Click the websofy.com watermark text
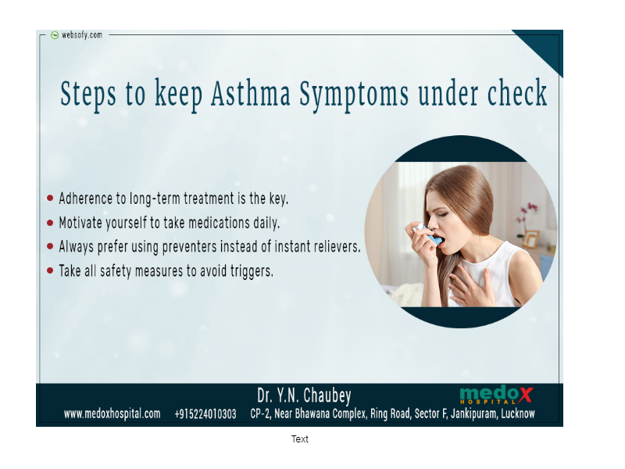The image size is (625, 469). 82,35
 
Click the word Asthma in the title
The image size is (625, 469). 251,94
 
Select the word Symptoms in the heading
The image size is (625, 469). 354,95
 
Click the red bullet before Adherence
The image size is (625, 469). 50,198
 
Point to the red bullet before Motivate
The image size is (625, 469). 50,223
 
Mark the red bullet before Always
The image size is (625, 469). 50,246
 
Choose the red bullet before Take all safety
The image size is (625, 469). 50,270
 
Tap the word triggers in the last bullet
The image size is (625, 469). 252,271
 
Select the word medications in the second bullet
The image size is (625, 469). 219,223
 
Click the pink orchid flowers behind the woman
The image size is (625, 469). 527,216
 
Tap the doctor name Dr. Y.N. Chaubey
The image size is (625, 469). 304,396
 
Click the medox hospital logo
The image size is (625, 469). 496,395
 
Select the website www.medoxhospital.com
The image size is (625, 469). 112,414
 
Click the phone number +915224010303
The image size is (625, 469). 205,414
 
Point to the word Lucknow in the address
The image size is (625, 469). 518,414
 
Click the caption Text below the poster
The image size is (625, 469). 300,439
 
